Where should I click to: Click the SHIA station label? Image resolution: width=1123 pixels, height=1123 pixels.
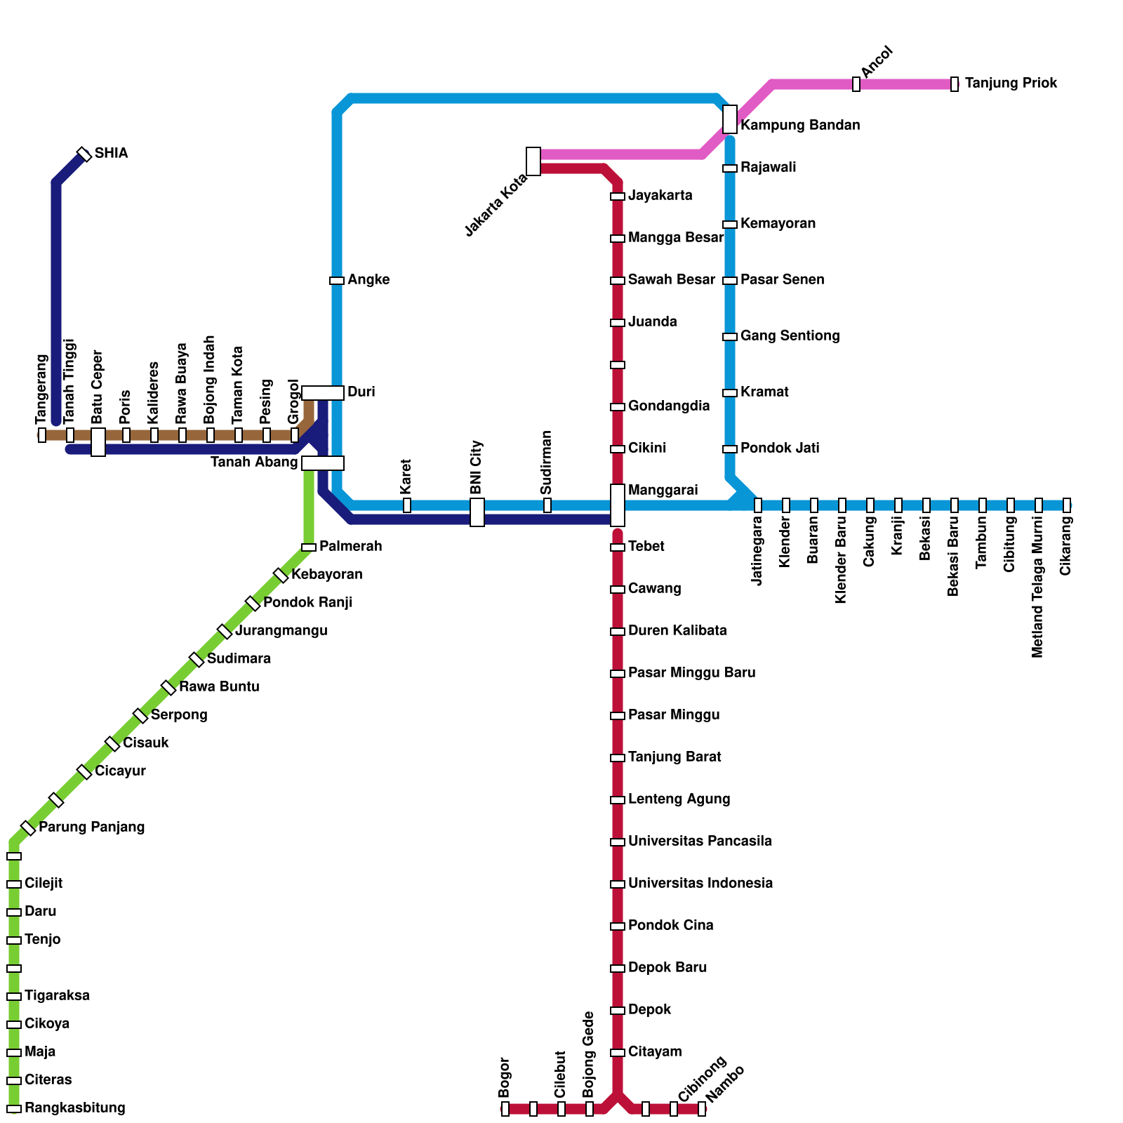pos(111,154)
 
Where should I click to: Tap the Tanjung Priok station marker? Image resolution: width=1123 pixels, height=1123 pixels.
pos(955,84)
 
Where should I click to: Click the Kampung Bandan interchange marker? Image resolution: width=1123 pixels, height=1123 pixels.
pos(730,119)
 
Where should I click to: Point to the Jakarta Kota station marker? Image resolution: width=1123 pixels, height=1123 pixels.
pos(533,161)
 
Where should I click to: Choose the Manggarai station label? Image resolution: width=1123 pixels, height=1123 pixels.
pos(663,490)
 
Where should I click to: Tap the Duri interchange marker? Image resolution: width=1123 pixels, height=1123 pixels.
pos(323,393)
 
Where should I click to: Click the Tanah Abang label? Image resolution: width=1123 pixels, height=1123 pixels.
pos(254,463)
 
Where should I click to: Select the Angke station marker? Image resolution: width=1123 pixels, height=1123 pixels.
pos(337,281)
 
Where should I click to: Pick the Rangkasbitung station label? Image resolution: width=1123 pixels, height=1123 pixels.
pos(74,1108)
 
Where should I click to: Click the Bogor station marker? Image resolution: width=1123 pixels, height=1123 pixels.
pos(505,1109)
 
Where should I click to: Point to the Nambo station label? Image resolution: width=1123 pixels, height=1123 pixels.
pos(725,1084)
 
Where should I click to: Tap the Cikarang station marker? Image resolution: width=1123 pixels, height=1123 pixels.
pos(1067,505)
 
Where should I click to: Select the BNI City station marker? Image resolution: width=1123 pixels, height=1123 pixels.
pos(477,512)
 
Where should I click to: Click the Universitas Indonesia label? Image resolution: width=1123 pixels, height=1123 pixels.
pos(700,884)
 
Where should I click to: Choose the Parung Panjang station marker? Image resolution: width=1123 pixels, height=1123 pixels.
pos(28,828)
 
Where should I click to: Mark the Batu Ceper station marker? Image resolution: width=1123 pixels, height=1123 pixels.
pos(98,442)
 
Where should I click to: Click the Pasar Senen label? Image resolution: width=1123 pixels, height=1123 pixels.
pos(782,280)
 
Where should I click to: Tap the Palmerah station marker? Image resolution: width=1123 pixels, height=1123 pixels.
pos(309,547)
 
